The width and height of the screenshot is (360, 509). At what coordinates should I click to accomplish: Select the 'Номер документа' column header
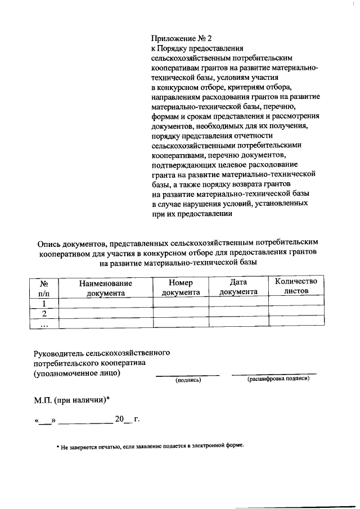point(181,287)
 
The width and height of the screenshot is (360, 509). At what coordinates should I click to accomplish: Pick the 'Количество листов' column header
point(296,286)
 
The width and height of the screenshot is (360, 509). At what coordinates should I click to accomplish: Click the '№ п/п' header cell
point(44,289)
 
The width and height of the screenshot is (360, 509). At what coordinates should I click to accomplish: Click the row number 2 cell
point(44,313)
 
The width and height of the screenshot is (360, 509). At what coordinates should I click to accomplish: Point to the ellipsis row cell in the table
point(44,323)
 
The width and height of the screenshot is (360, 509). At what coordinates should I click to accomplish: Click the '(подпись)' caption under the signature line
point(188,381)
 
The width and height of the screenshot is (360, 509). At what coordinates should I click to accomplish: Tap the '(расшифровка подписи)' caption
point(278,379)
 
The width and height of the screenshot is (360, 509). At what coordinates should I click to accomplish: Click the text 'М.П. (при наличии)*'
point(70,400)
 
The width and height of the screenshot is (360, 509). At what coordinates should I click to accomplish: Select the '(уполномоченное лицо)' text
point(76,373)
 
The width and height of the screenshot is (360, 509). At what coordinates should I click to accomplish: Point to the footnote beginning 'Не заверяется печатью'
point(152,445)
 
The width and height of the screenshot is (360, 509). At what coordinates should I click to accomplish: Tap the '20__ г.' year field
point(126,419)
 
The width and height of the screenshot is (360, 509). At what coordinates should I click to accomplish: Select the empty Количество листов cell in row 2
point(296,313)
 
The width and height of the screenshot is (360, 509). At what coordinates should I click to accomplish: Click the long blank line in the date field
point(85,421)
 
